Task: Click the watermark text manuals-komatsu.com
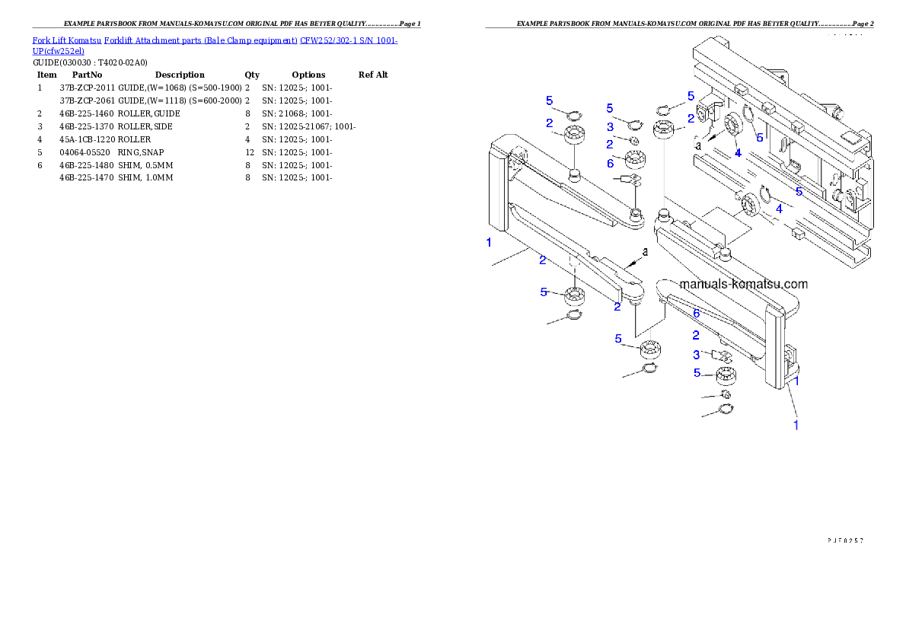(x=742, y=284)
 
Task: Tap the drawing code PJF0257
(x=845, y=541)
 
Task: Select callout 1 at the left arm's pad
(x=489, y=243)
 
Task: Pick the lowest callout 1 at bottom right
(x=796, y=426)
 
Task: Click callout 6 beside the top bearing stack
(x=610, y=163)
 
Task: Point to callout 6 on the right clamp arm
(x=696, y=313)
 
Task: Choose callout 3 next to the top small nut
(x=610, y=126)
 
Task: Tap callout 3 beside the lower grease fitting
(x=696, y=355)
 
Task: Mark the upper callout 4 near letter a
(x=737, y=153)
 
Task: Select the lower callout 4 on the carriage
(x=778, y=209)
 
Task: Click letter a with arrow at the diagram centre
(x=644, y=251)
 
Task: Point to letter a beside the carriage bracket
(x=697, y=144)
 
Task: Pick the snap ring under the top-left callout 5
(x=572, y=116)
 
